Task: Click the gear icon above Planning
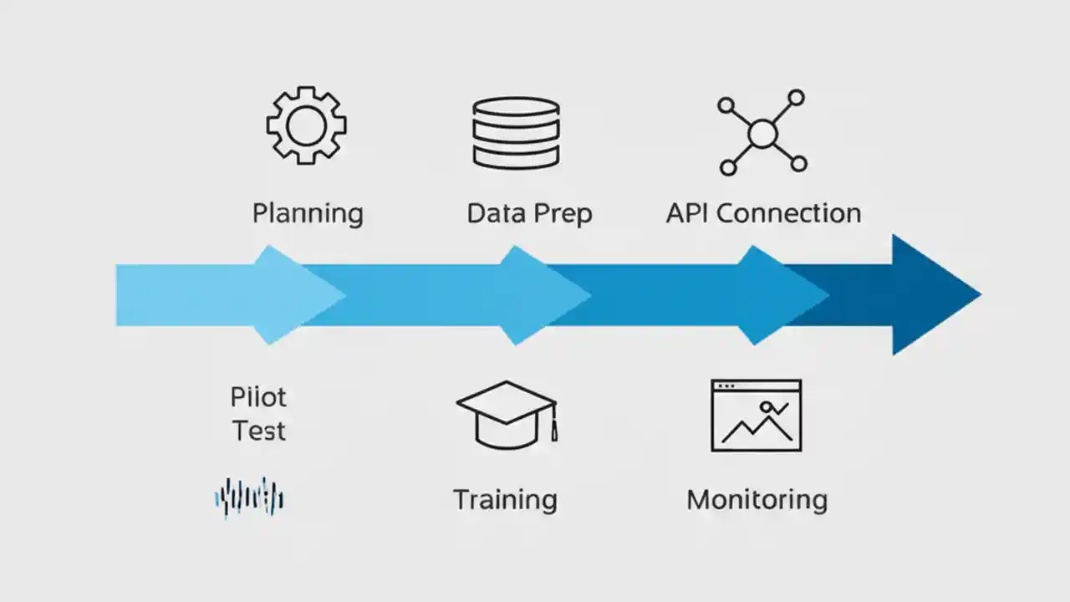pos(306,125)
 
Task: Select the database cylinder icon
pos(516,132)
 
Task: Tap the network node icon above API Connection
pos(762,132)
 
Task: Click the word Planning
pos(308,213)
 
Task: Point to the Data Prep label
pos(529,213)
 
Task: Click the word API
pos(687,212)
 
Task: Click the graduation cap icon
pos(506,413)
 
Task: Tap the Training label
pos(505,500)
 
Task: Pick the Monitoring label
pos(757,500)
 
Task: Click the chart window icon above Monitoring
pos(756,416)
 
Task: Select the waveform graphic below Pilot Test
pos(249,498)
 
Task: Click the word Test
pos(259,431)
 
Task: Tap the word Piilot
pos(258,396)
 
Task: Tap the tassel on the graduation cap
pos(553,428)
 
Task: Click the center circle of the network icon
pos(762,133)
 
